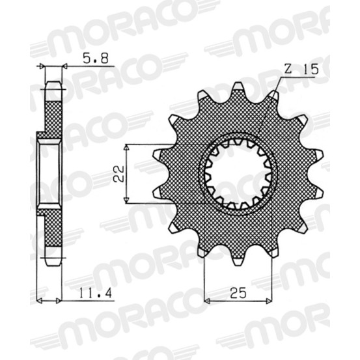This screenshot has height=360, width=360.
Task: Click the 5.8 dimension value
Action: (95, 59)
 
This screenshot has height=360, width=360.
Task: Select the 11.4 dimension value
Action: (96, 292)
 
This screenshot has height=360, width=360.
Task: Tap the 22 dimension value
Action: (119, 174)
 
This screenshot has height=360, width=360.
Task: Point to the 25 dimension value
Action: (238, 293)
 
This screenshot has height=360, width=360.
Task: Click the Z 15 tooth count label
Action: (301, 69)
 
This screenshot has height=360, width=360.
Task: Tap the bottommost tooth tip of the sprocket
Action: (238, 264)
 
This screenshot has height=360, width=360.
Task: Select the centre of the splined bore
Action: (238, 174)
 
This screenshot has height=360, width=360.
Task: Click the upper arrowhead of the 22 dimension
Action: (126, 147)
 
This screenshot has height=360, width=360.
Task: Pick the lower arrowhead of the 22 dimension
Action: (126, 201)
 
